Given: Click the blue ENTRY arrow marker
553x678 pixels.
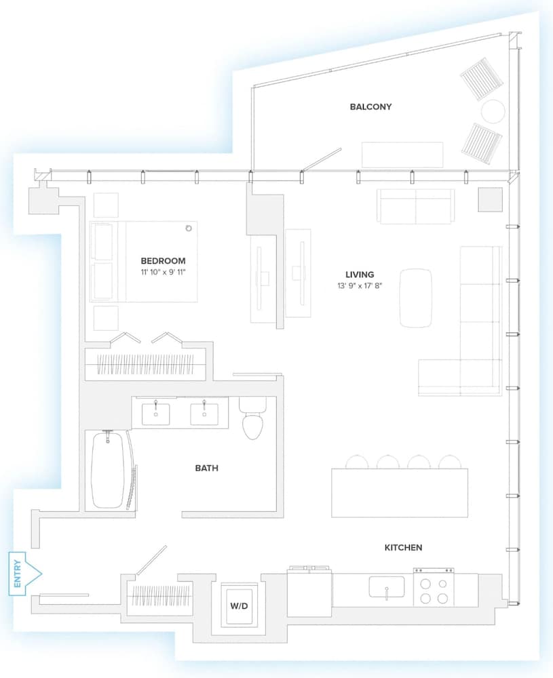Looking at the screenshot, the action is [25, 574].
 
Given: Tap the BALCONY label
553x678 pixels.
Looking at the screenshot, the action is [371, 107].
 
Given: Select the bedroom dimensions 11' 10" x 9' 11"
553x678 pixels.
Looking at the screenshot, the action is [163, 272].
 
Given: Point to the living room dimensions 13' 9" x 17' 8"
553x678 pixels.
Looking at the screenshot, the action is [360, 285].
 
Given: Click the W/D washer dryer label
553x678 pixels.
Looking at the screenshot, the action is [239, 605].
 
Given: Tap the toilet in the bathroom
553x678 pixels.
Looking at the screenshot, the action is [252, 418].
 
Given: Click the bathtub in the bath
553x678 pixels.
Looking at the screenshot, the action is [108, 470].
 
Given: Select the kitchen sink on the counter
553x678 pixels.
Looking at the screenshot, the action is [386, 587].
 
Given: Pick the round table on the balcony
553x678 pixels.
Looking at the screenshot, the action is [493, 112].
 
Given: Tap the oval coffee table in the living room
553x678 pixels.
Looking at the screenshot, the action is [416, 298].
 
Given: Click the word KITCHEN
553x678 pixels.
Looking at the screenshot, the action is [403, 547].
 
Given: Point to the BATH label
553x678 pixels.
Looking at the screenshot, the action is [207, 468].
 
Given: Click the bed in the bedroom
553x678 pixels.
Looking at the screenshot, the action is [144, 262].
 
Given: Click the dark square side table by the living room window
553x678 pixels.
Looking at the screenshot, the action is [491, 200].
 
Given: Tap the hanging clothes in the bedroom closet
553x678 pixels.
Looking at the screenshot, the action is [145, 364].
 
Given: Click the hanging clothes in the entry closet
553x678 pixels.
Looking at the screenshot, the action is [161, 595].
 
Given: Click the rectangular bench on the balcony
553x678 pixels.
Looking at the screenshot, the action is [402, 155].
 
